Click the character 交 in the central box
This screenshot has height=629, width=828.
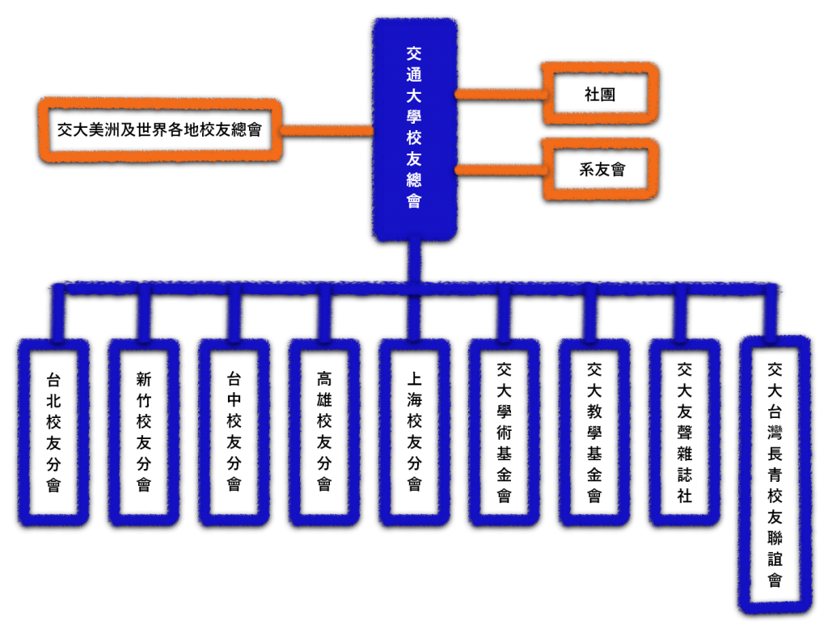(414, 54)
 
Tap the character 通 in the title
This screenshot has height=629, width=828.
(414, 75)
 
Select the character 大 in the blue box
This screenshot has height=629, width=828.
(414, 96)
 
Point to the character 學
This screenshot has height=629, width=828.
(414, 117)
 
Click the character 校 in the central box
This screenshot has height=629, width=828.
(414, 138)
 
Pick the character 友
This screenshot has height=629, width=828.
(414, 159)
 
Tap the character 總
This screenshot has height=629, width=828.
(414, 180)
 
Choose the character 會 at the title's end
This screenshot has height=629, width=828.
(414, 201)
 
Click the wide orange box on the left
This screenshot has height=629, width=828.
(160, 129)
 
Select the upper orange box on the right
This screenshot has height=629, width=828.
(600, 93)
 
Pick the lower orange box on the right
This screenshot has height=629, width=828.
(600, 169)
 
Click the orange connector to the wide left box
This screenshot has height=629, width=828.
(326, 129)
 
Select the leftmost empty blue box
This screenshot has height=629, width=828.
(53, 432)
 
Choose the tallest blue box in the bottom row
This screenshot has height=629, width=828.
(775, 473)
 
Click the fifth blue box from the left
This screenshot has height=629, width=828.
(414, 432)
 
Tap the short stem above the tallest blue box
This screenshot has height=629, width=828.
(770, 314)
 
